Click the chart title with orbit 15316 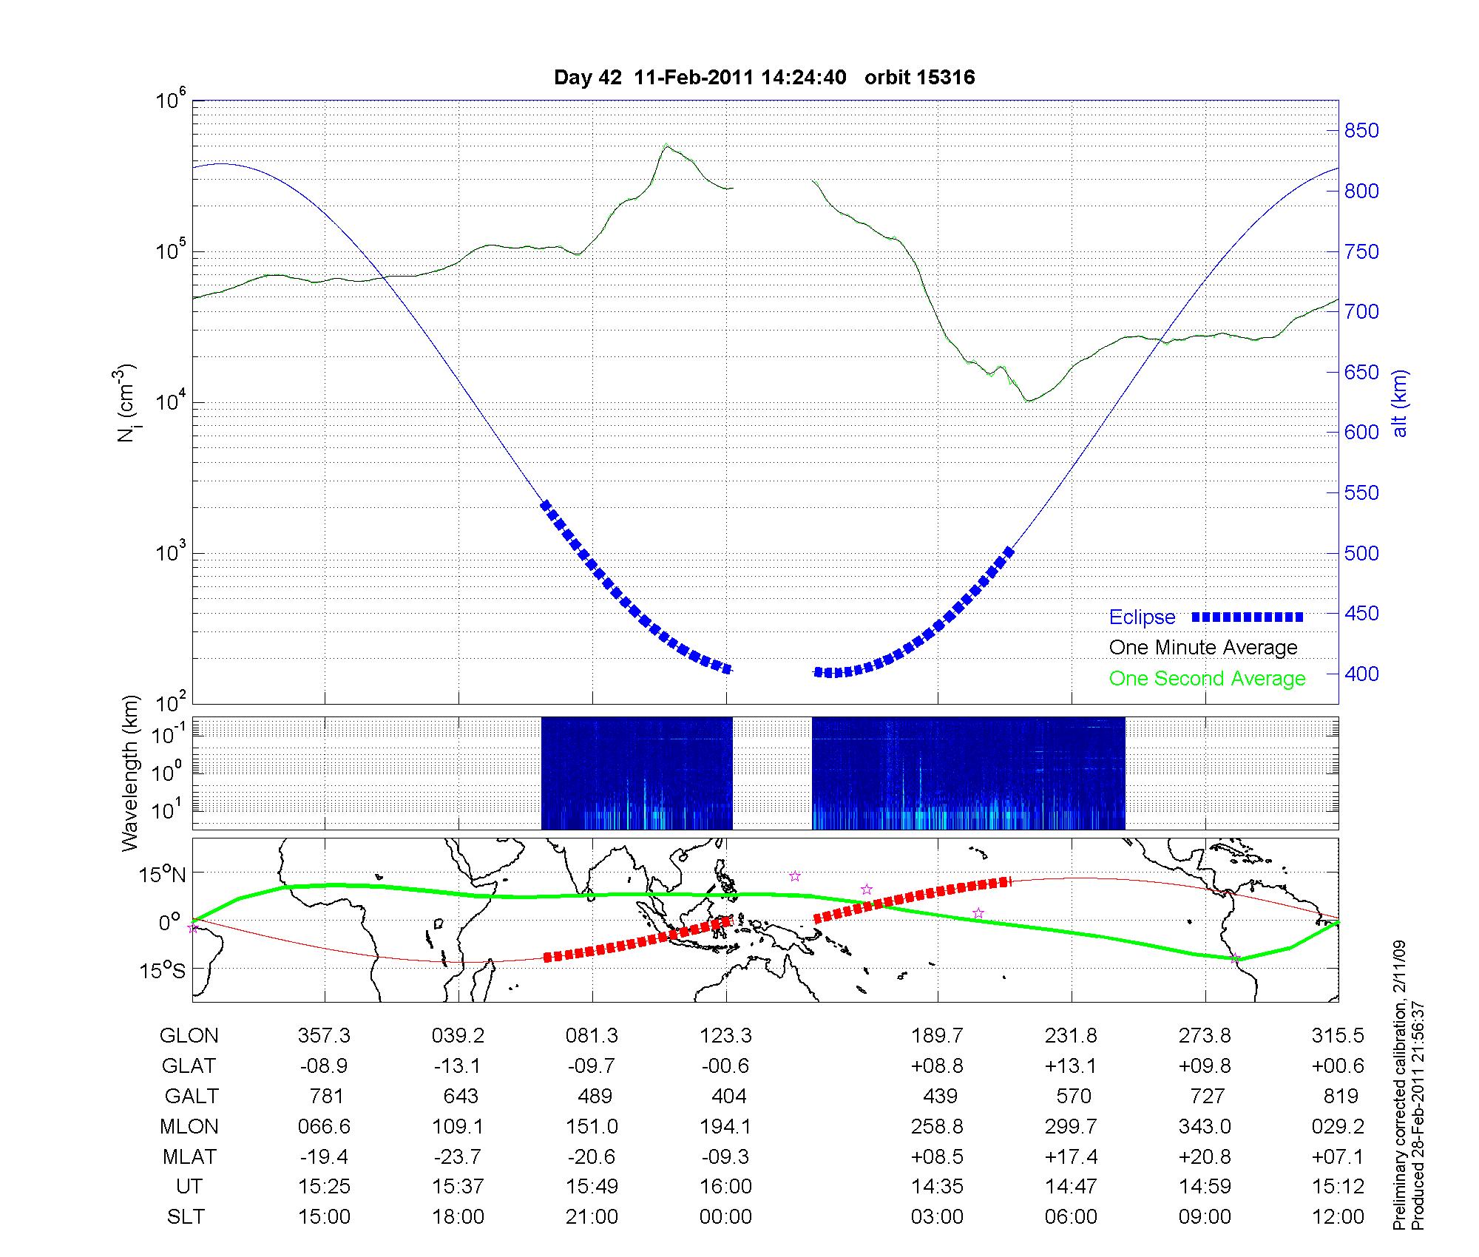(764, 77)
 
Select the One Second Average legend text (1207, 679)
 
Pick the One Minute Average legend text (1203, 648)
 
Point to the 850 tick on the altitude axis (1361, 131)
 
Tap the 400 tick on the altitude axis (1361, 674)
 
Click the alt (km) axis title (1400, 403)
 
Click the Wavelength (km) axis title (130, 773)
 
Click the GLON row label (189, 1036)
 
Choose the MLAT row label (189, 1156)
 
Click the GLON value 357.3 (324, 1036)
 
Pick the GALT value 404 (725, 1096)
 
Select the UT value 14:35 (937, 1187)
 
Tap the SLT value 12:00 (1338, 1217)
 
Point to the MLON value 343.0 (1205, 1127)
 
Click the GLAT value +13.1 (1071, 1066)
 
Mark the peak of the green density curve (666, 145)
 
